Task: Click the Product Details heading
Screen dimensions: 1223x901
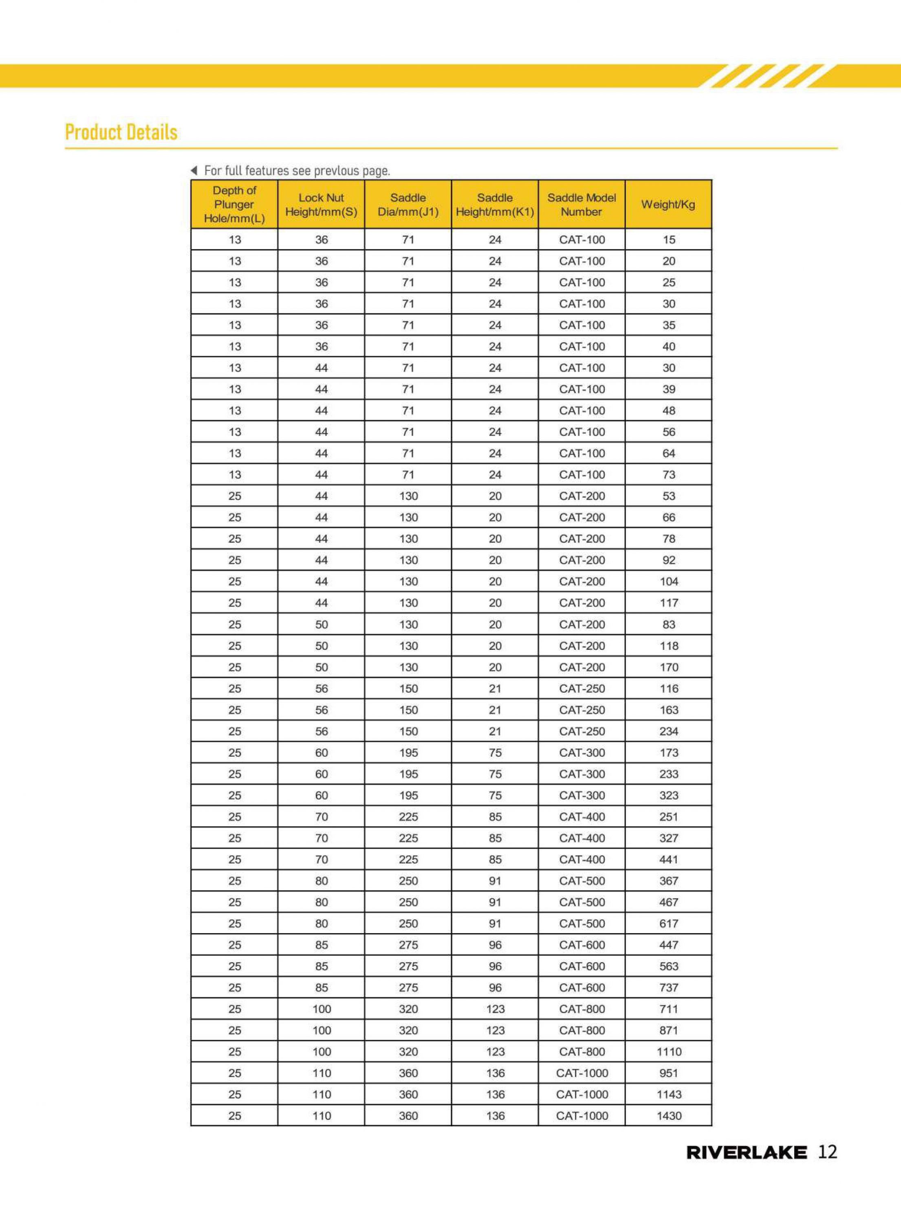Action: pos(121,132)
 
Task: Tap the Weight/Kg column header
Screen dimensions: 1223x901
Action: pos(668,205)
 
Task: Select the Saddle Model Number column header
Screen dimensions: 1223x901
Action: pos(582,205)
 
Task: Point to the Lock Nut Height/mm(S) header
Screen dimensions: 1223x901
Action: pos(321,205)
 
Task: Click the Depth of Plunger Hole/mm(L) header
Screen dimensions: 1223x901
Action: pos(235,205)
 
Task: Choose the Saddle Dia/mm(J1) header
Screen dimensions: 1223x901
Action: pos(408,205)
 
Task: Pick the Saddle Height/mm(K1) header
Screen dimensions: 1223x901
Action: pos(495,205)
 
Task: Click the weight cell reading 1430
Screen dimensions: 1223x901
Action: pos(669,1115)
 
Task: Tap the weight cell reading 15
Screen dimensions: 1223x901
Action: pos(669,239)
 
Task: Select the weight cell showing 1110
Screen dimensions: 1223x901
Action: pos(669,1051)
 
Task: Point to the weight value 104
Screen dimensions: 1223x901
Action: pos(669,581)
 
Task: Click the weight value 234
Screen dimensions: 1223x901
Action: pos(669,731)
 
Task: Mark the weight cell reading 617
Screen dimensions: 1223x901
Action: pos(669,923)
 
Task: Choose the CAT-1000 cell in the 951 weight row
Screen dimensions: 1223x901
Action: pos(582,1073)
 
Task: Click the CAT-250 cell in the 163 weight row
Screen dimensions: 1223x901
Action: pos(582,710)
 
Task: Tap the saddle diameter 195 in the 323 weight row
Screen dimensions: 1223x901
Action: pos(408,795)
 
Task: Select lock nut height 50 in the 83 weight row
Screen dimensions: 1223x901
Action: pos(321,624)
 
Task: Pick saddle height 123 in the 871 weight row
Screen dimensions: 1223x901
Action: pos(495,1030)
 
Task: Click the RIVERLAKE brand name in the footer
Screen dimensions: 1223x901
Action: pos(746,1152)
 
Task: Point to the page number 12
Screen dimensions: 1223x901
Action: pos(827,1152)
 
